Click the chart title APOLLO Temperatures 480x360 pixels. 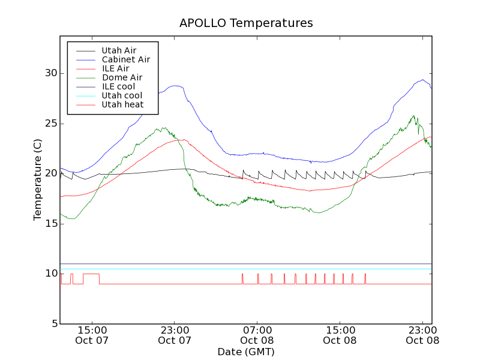pyautogui.click(x=246, y=23)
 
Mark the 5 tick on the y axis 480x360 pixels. pyautogui.click(x=53, y=324)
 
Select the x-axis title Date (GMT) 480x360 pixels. pyautogui.click(x=246, y=352)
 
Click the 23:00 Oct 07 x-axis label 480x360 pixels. pyautogui.click(x=175, y=335)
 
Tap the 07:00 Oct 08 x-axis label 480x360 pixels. pyautogui.click(x=257, y=335)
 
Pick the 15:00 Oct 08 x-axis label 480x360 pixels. pyautogui.click(x=340, y=335)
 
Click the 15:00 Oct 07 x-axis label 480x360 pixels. pyautogui.click(x=92, y=335)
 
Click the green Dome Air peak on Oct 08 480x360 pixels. pyautogui.click(x=413, y=116)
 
